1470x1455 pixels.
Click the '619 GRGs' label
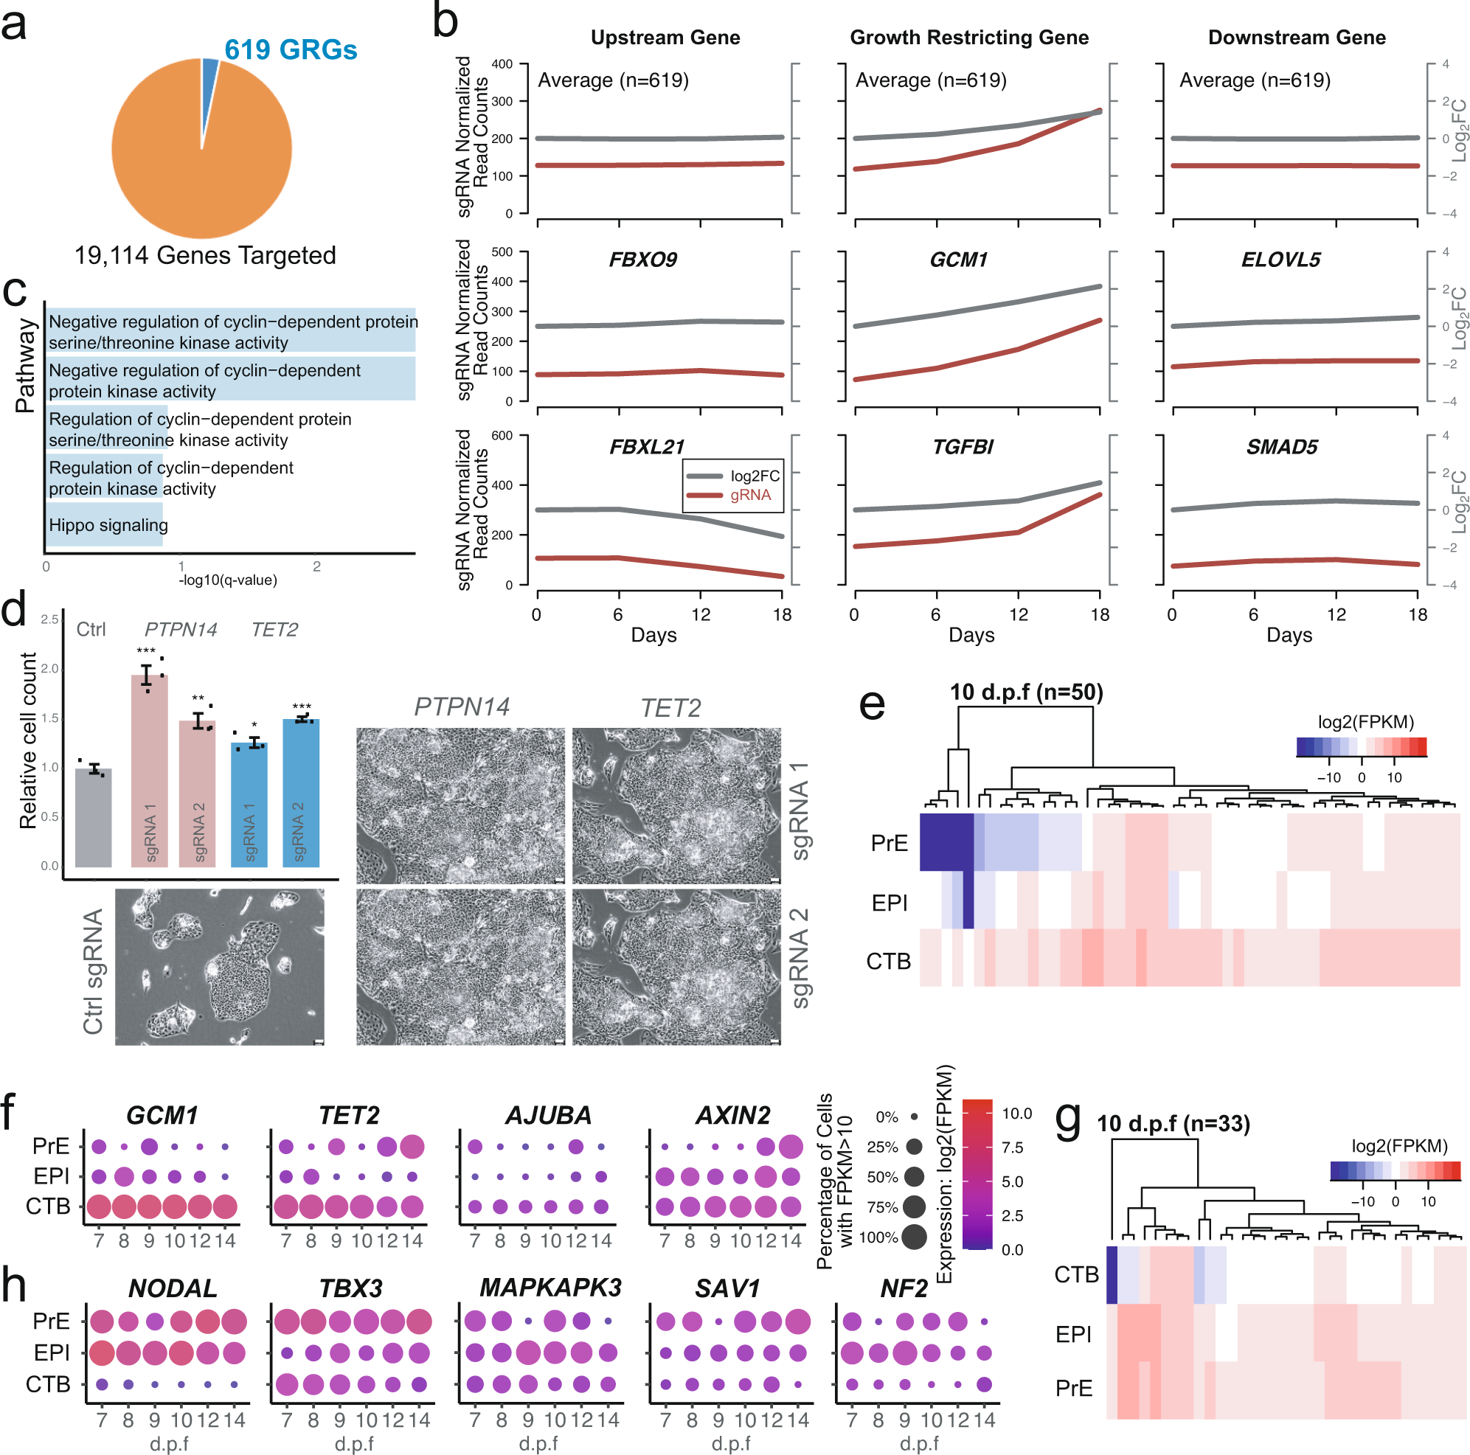click(291, 50)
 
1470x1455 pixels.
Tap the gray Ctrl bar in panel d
click(94, 818)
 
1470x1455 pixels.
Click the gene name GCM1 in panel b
click(958, 260)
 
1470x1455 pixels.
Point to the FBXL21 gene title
click(647, 447)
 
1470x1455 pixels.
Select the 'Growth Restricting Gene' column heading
click(968, 38)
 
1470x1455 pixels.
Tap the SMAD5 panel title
click(1281, 447)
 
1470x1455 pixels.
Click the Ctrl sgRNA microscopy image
click(219, 967)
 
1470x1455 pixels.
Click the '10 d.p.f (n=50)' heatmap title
click(1026, 692)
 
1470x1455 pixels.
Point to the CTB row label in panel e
click(888, 962)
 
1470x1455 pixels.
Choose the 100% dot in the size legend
click(914, 1237)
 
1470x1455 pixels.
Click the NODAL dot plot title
click(173, 1288)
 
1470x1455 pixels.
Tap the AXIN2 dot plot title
click(732, 1116)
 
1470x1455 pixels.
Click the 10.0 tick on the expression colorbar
click(1016, 1114)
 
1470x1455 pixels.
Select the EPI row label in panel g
click(1073, 1335)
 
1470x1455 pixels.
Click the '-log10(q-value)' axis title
click(227, 580)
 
